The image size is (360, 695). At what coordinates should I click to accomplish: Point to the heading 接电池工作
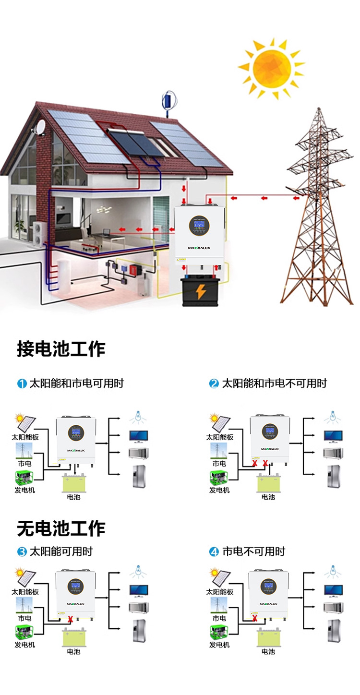tap(61, 349)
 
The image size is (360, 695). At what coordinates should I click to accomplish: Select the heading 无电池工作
tap(61, 528)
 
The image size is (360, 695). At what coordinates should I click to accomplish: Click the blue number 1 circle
tap(22, 383)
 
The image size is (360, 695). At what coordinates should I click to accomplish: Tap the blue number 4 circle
tap(214, 552)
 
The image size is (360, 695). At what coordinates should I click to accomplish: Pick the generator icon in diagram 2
tap(219, 479)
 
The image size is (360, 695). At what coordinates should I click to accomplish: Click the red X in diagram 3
tap(71, 619)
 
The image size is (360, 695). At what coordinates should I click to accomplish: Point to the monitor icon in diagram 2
tap(333, 436)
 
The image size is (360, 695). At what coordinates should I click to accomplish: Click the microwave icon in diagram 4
tap(333, 608)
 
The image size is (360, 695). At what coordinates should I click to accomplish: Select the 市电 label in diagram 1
tap(24, 464)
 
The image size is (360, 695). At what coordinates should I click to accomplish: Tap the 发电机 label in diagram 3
tap(24, 645)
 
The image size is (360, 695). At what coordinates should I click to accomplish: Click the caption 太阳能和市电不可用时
tap(274, 383)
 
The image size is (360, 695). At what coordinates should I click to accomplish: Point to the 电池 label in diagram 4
tap(268, 652)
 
